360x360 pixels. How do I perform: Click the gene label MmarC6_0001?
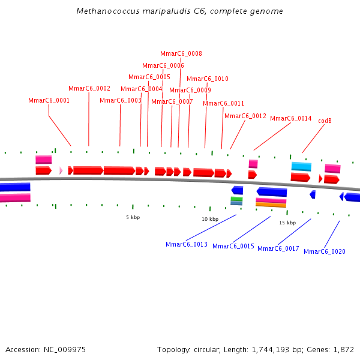(49, 100)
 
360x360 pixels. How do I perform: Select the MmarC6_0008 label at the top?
(181, 53)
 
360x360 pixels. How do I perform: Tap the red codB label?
(325, 121)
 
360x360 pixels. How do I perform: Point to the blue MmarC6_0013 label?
(187, 244)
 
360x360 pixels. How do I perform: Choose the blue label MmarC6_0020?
(325, 251)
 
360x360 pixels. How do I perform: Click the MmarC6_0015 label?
(233, 246)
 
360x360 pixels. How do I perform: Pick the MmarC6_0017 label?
(278, 248)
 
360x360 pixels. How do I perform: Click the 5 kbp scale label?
(133, 217)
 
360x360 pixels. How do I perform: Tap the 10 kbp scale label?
(210, 219)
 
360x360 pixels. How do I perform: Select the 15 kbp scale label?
(287, 223)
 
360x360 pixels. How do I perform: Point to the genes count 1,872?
(343, 349)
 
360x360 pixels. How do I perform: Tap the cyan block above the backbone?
(301, 166)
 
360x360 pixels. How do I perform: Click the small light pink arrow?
(61, 170)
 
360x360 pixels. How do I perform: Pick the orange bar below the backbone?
(271, 205)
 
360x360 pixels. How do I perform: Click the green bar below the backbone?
(236, 199)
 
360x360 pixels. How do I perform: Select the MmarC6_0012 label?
(245, 116)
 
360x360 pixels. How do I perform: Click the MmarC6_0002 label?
(89, 88)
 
